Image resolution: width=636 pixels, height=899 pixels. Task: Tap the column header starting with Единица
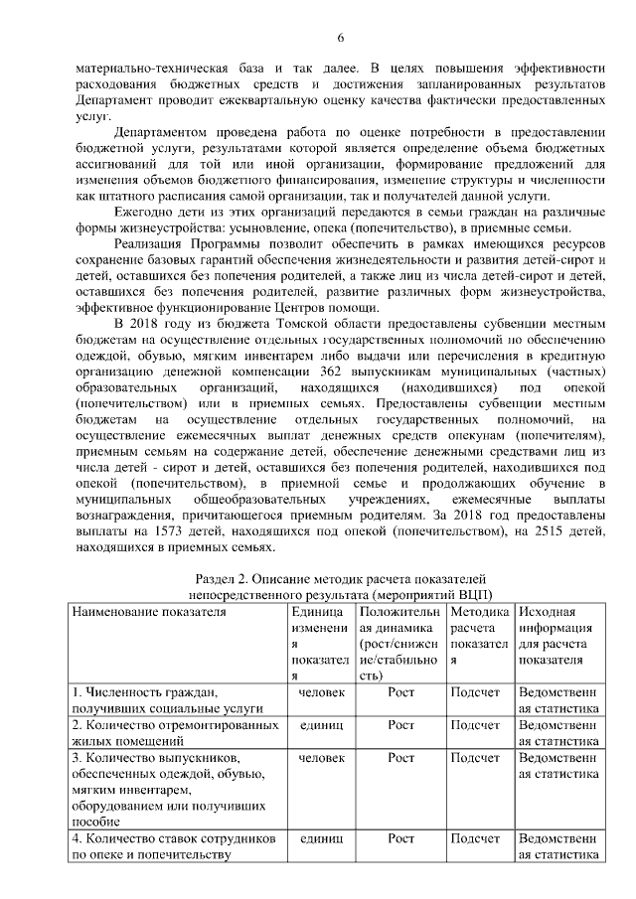[317, 612]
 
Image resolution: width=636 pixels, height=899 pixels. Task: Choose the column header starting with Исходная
[547, 612]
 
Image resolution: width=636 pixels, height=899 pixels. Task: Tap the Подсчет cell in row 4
[476, 839]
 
